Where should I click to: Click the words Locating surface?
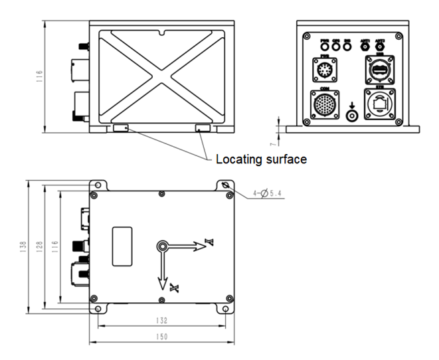coord(260,159)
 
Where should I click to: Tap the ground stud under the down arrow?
coord(352,114)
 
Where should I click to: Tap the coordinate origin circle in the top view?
coord(162,247)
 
